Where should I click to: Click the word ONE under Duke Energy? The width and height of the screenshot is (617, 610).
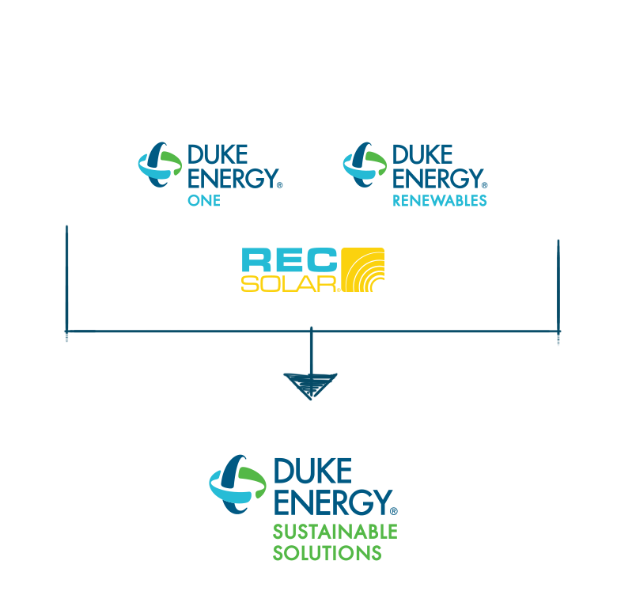203,201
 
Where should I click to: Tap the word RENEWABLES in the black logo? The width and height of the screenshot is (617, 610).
440,201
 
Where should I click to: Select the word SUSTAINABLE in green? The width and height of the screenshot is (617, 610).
335,531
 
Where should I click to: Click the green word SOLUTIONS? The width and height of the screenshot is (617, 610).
327,552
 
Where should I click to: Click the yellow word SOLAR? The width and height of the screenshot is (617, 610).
290,282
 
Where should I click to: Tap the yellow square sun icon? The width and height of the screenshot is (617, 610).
362,270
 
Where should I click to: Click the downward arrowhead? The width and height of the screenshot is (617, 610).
311,385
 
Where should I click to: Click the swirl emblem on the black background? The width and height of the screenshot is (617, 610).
364,166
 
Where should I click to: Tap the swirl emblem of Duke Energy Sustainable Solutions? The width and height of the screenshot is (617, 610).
237,483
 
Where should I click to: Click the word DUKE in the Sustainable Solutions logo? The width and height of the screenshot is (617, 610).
312,471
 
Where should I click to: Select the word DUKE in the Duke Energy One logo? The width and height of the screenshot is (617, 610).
218,153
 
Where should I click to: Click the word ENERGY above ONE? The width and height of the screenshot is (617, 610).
230,177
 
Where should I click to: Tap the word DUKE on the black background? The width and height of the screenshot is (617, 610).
422,153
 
